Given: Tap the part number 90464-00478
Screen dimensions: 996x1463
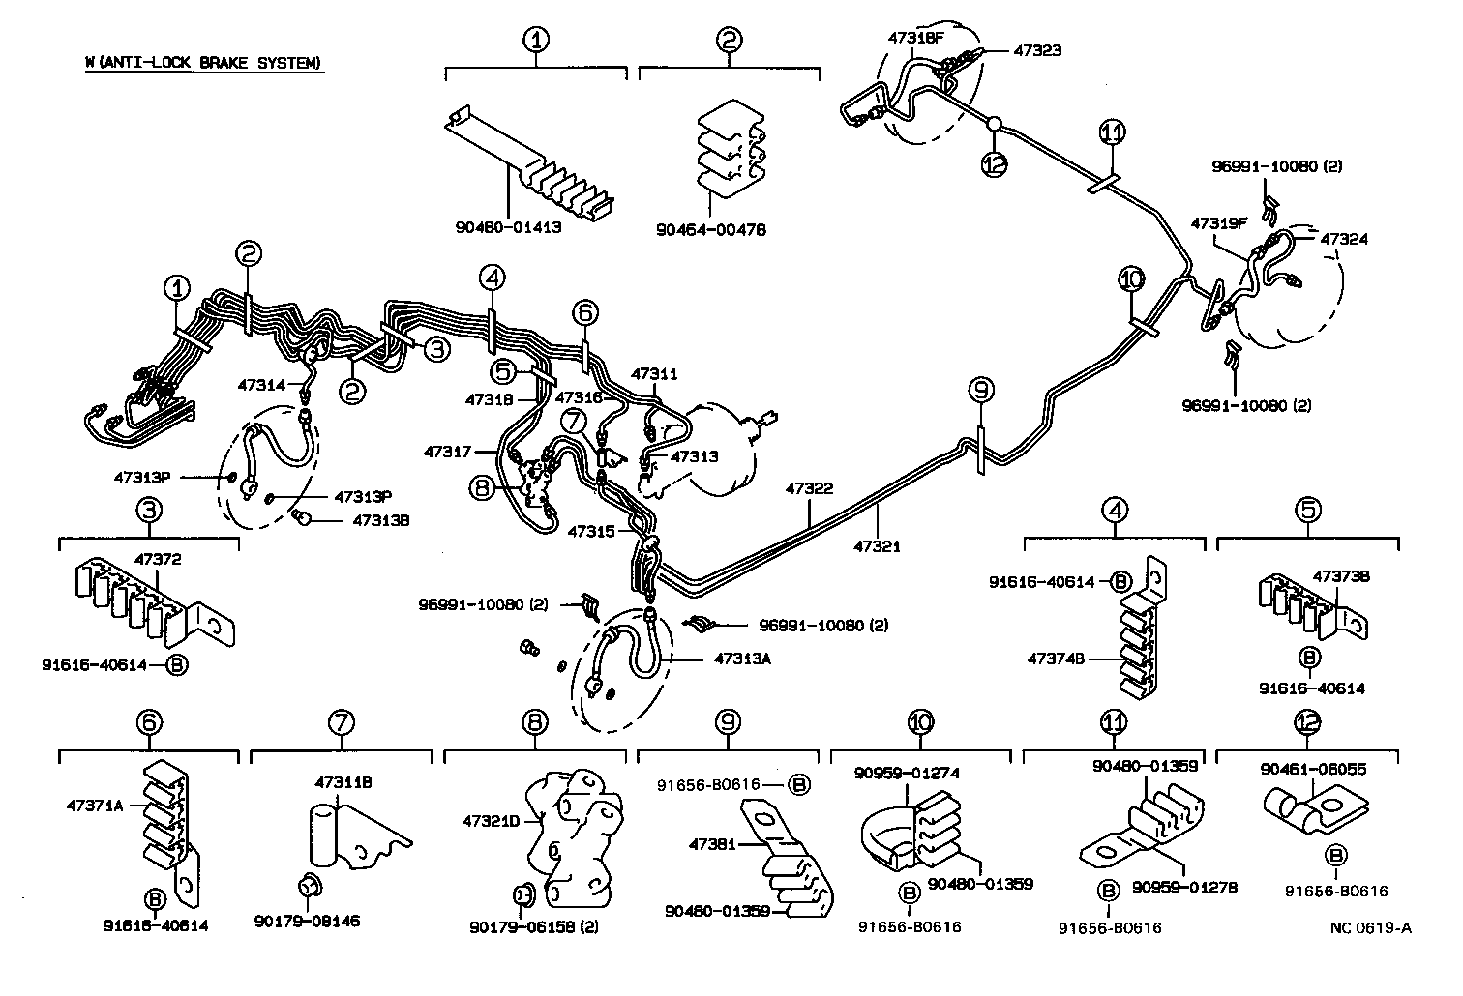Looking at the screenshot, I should point(710,230).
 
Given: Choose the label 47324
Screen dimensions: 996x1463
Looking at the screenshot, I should point(1344,238).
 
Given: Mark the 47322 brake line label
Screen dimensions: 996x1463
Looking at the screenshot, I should point(809,489).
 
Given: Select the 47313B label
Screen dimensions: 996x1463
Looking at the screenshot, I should point(380,519).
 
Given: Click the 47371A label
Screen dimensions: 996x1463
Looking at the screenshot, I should point(95,804).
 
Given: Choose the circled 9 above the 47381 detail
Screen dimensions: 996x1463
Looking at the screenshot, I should point(728,722).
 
